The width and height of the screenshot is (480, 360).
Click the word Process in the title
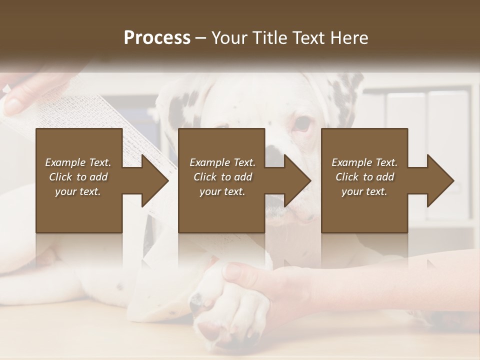click(x=157, y=38)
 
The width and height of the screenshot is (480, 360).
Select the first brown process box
click(x=79, y=210)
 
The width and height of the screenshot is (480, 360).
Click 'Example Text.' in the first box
click(x=78, y=162)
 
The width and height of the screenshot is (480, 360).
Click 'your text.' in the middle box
click(x=222, y=191)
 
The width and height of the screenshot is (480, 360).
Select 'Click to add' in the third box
click(x=364, y=177)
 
